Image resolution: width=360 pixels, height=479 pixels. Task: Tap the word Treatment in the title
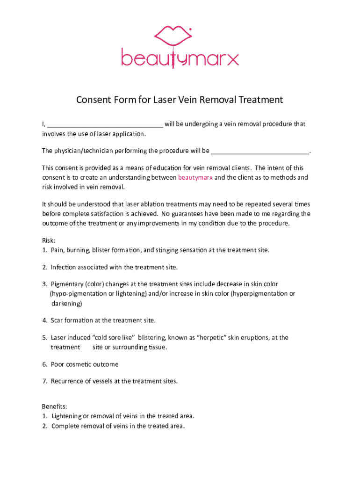260,100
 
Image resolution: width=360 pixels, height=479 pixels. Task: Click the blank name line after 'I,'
105,125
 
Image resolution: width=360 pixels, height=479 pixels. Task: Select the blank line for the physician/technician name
260,151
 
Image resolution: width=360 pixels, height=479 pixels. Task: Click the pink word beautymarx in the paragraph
195,178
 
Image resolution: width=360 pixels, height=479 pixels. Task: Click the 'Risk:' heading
49,240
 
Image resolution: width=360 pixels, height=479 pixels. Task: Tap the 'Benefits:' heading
55,407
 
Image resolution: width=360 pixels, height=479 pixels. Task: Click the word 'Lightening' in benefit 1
66,416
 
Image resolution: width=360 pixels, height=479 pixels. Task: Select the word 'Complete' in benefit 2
65,426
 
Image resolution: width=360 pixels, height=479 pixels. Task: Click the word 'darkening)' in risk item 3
66,304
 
